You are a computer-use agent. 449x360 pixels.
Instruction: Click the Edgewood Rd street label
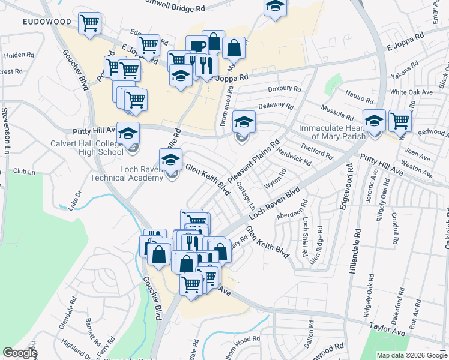(348, 192)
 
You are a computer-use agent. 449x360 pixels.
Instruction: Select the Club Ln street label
(24, 172)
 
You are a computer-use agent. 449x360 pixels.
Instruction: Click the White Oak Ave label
(411, 92)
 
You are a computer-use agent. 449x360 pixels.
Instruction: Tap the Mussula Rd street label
(337, 112)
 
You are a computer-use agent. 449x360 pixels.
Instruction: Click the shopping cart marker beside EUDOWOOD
(89, 23)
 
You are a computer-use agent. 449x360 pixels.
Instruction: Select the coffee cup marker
(196, 46)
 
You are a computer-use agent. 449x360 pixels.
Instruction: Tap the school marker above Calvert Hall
(128, 133)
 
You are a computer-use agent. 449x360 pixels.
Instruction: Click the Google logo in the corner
(20, 353)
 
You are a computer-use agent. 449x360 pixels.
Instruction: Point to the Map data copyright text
(412, 355)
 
